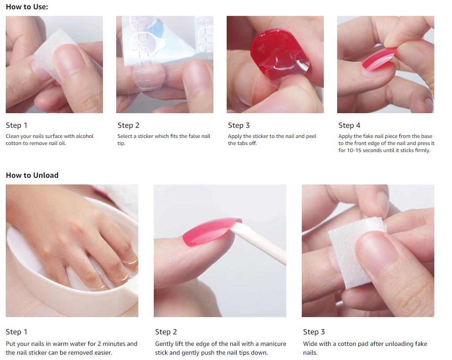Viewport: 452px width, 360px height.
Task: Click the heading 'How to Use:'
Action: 27,7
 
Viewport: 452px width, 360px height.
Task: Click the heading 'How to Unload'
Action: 32,175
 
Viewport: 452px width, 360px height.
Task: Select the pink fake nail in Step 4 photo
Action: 378,59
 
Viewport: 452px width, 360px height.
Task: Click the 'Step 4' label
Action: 349,126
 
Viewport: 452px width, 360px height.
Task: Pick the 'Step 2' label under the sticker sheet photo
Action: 128,126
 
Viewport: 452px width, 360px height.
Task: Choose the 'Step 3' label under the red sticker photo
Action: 239,126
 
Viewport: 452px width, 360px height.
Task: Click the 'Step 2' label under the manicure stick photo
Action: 166,332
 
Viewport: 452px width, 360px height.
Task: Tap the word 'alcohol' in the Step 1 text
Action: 84,136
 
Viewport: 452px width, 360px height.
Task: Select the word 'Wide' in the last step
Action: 311,344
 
